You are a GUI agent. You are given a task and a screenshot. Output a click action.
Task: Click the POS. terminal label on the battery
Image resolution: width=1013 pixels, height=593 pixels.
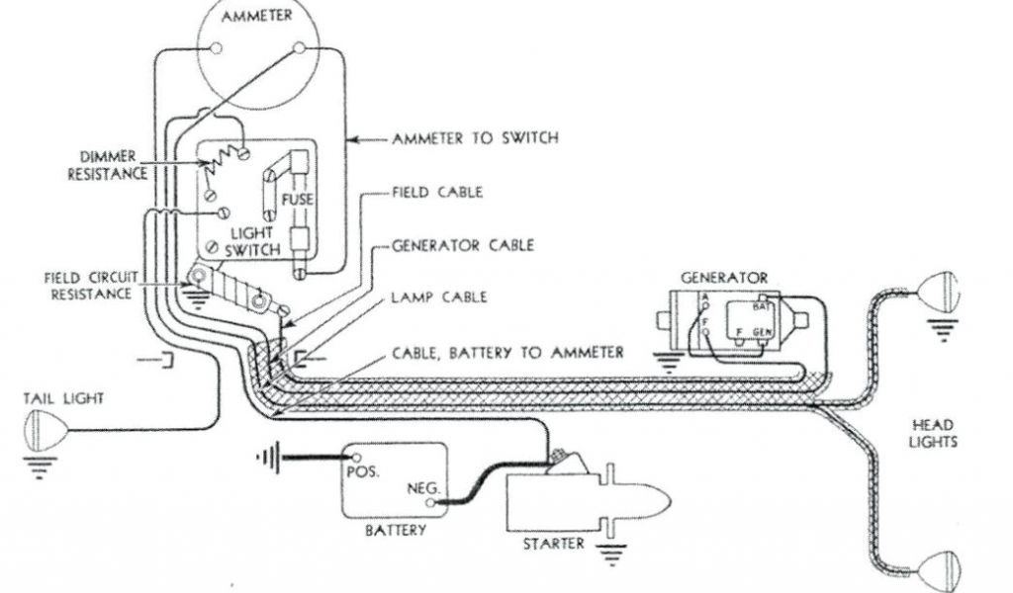pos(365,467)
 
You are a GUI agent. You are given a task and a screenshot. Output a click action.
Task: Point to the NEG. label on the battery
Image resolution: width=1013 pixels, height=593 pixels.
pos(422,489)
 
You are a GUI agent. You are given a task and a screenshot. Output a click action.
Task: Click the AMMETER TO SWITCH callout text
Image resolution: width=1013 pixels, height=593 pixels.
pos(475,138)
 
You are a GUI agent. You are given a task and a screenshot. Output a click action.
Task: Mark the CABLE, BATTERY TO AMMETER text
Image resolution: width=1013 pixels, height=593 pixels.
pos(507,352)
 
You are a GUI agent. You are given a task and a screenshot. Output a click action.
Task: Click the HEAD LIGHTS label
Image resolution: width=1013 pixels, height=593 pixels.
pos(934,433)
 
